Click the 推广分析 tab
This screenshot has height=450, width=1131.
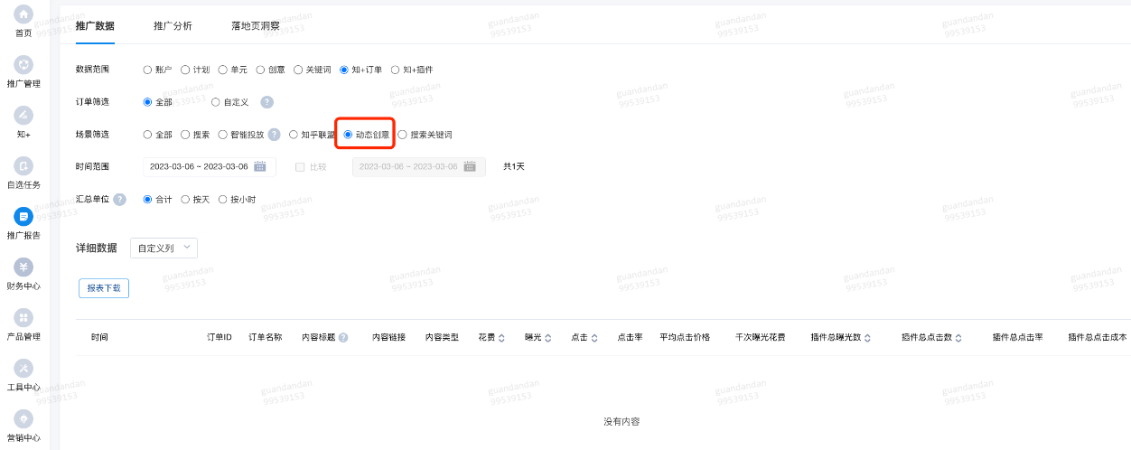coord(173,26)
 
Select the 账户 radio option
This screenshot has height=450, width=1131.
coord(148,70)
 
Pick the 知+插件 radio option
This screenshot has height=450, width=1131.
coord(396,70)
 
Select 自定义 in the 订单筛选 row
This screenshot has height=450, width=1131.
coord(216,102)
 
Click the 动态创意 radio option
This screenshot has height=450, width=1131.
coord(349,135)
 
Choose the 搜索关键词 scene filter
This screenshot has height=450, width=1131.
coord(403,135)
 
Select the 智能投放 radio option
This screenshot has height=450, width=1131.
coord(223,135)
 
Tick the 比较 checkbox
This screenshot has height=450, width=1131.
coord(301,167)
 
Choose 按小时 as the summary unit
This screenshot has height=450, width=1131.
coord(223,200)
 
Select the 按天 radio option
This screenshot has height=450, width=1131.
coord(185,200)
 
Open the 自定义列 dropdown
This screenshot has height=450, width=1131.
coord(164,248)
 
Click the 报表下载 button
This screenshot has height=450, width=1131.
coord(104,288)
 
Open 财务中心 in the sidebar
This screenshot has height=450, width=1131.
coord(23,273)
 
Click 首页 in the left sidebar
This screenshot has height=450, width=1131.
coord(23,20)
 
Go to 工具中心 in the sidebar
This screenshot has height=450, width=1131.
coord(23,374)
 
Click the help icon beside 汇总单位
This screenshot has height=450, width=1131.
coord(119,200)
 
